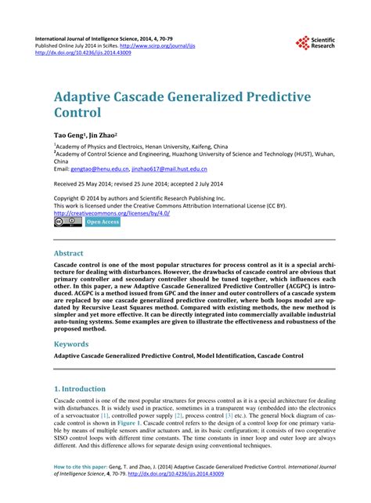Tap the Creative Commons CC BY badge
[67, 222]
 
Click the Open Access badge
[103, 223]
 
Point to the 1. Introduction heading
[79, 389]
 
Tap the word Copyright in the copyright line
[70, 198]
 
